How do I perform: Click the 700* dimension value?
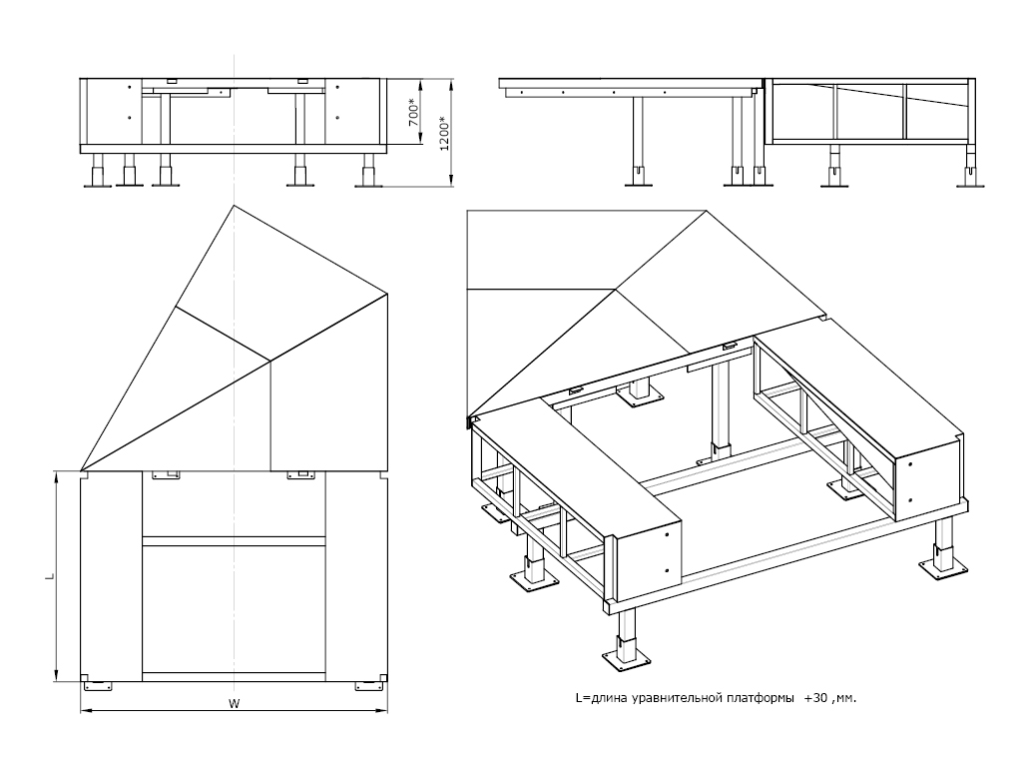point(412,111)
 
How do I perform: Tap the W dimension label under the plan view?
point(234,703)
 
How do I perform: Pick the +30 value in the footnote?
point(815,698)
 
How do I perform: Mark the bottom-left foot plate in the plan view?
point(98,686)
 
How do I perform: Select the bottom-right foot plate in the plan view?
point(369,686)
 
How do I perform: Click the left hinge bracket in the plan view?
point(165,475)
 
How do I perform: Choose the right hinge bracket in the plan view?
point(300,475)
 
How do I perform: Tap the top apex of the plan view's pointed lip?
point(234,205)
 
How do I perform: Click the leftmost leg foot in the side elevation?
point(636,179)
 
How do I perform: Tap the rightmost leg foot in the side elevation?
point(970,179)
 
